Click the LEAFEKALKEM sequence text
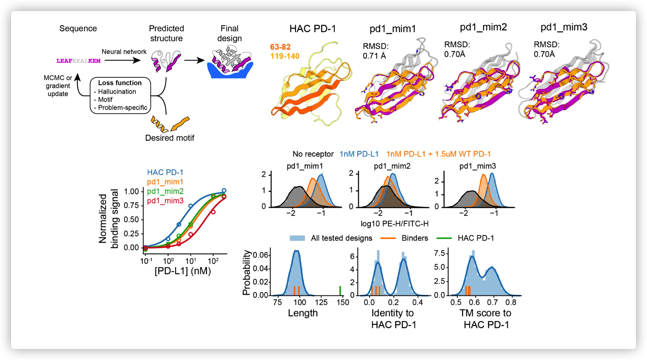point(78,61)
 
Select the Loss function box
point(120,95)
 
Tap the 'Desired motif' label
point(170,138)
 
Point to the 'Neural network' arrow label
point(124,52)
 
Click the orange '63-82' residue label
point(280,47)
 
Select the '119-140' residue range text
point(285,56)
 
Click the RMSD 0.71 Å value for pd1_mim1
point(374,56)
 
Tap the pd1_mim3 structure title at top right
point(564,27)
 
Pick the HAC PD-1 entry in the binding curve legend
point(165,172)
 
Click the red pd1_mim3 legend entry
point(165,201)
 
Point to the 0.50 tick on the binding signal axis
point(131,219)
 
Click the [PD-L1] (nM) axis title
point(182,271)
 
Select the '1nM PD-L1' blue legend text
point(359,154)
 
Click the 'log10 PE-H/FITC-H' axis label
point(394,224)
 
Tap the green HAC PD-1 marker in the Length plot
point(340,290)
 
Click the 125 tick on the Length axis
point(321,302)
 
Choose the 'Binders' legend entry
point(414,238)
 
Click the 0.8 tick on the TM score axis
point(511,302)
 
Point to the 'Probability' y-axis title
point(246,272)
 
